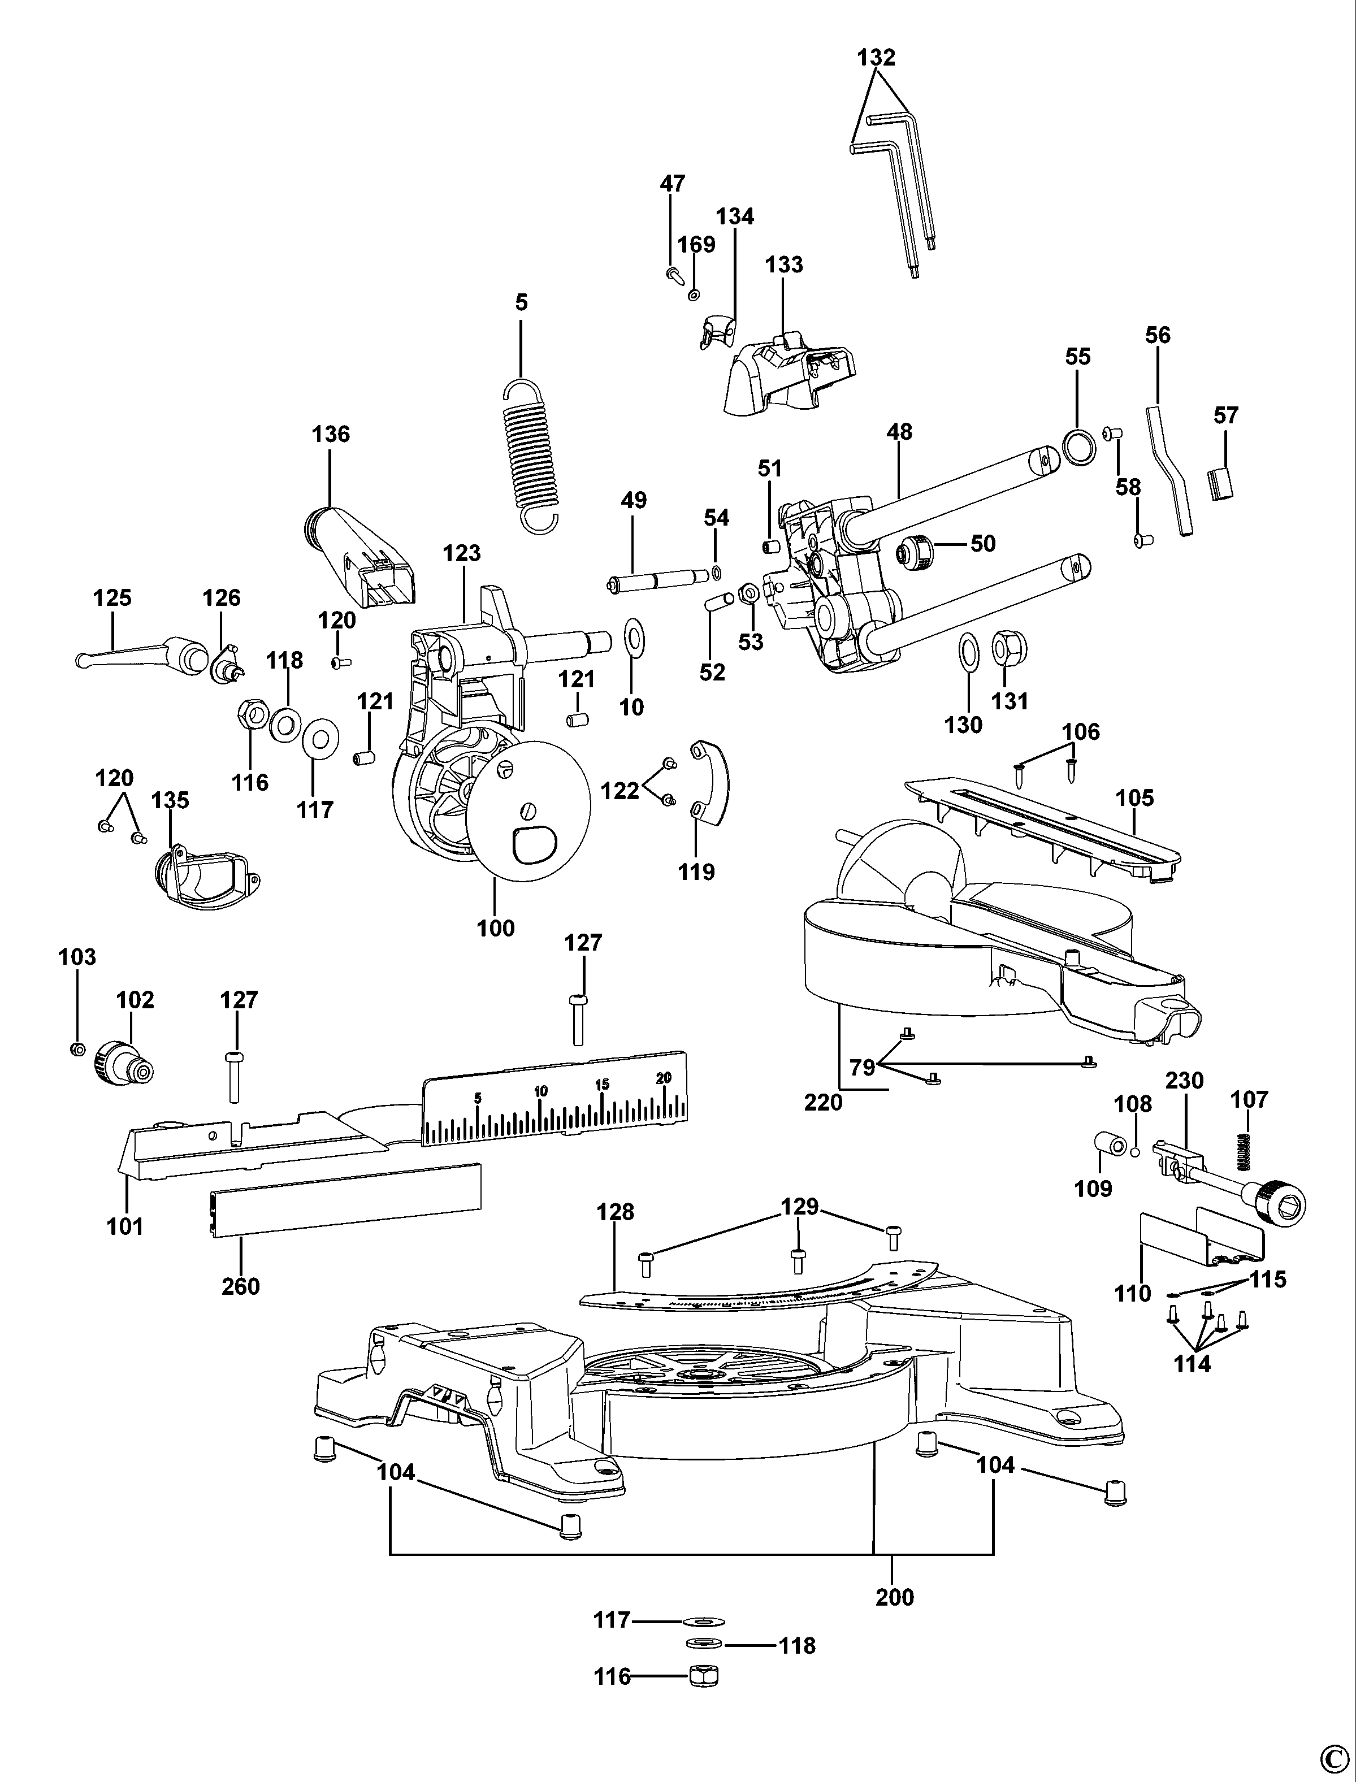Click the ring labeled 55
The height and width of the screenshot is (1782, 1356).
[1079, 446]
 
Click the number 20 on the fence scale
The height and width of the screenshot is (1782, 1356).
[664, 1077]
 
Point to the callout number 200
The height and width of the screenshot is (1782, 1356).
[894, 1597]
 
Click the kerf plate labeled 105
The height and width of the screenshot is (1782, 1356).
[1041, 823]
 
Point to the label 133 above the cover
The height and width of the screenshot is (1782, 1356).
[784, 265]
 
